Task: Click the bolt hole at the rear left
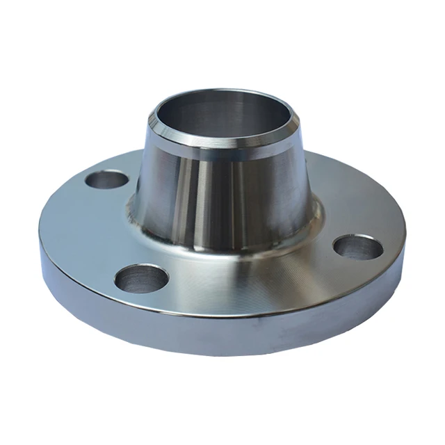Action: pyautogui.click(x=106, y=180)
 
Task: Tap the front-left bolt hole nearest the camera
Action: pyautogui.click(x=141, y=278)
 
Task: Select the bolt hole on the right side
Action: pyautogui.click(x=357, y=247)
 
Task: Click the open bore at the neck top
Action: pyautogui.click(x=209, y=111)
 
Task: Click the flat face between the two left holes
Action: pyautogui.click(x=90, y=229)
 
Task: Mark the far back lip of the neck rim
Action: pyautogui.click(x=209, y=90)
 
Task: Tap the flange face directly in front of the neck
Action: pyautogui.click(x=229, y=278)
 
